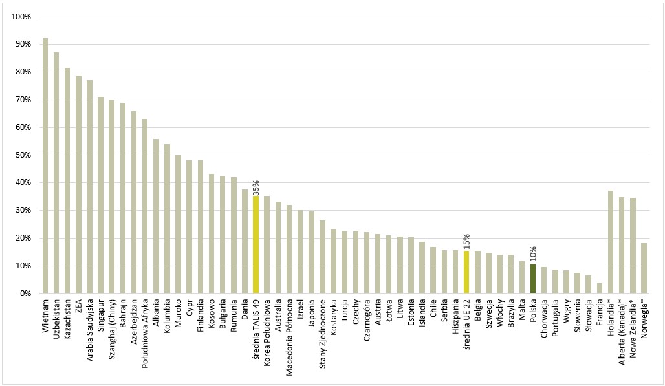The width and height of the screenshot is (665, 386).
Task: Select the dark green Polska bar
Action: [x=532, y=279]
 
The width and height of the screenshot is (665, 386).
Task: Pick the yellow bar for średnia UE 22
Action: [x=466, y=272]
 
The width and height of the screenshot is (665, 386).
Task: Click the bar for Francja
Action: [x=600, y=288]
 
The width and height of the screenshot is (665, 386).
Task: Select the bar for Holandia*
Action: [x=611, y=242]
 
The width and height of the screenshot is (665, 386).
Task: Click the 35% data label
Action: [x=256, y=188]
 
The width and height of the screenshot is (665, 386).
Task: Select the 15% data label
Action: [x=466, y=242]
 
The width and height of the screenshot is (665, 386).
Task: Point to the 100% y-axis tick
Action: [x=22, y=16]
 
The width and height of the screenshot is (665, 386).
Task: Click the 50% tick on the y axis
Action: [x=23, y=155]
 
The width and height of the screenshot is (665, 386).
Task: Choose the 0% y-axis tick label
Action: [x=25, y=294]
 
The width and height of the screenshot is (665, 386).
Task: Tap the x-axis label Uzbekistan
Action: [x=56, y=317]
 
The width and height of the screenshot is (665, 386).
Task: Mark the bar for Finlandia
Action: [x=200, y=227]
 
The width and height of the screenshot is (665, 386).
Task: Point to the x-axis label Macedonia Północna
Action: [x=289, y=329]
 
